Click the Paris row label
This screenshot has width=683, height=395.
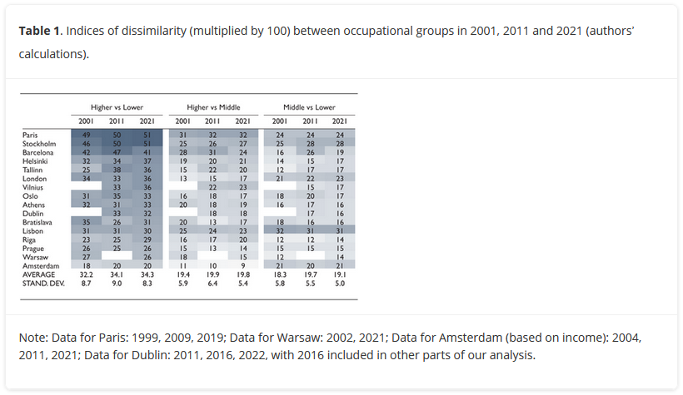point(31,134)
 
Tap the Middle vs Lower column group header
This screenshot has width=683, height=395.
point(309,107)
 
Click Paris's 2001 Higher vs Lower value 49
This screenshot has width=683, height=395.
point(87,134)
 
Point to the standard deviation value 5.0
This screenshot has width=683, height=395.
point(339,283)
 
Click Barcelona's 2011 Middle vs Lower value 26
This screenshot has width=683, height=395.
point(309,152)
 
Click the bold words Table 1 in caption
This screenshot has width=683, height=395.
point(39,31)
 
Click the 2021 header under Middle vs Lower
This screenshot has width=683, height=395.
point(339,121)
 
